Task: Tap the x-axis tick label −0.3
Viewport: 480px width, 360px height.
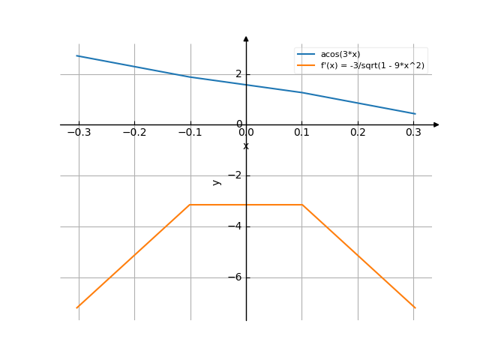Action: point(78,133)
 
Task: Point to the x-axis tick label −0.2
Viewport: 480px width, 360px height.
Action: point(134,133)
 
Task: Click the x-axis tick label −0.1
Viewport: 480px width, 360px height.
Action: point(190,133)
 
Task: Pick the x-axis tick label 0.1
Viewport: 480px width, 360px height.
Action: point(302,133)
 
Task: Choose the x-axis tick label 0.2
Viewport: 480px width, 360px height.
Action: point(358,133)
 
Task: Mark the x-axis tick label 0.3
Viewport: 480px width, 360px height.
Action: point(413,133)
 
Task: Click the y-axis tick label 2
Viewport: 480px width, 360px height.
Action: point(238,73)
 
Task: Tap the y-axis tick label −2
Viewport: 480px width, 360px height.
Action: point(235,175)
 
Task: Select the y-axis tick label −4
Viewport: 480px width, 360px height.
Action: point(235,226)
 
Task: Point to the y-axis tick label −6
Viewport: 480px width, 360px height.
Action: point(235,277)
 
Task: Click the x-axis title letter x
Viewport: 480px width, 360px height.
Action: point(246,145)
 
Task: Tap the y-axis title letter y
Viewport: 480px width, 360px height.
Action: point(216,181)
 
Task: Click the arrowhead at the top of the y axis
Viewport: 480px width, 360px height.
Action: point(246,38)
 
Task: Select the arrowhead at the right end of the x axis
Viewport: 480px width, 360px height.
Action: point(436,124)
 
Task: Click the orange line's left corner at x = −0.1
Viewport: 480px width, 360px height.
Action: point(190,204)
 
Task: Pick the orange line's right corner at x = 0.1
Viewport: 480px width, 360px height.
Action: point(302,204)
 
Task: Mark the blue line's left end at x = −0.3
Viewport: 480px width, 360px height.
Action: point(78,55)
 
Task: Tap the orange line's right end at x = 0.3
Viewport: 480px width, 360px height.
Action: point(414,307)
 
